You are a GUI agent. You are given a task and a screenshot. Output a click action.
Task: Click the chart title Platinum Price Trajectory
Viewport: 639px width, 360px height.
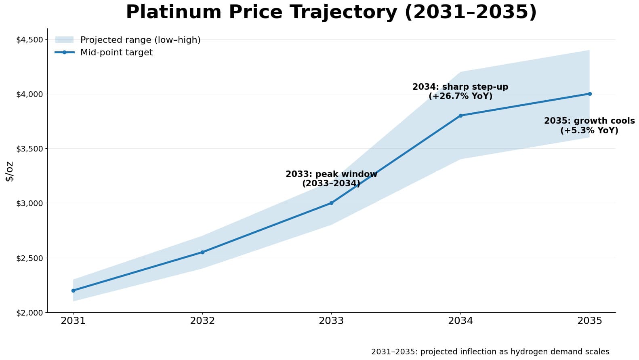[x=331, y=12]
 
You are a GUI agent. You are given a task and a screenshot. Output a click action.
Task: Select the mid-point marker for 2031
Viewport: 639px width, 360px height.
[x=73, y=291]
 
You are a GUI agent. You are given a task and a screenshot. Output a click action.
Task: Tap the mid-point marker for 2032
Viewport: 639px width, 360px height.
[x=202, y=252]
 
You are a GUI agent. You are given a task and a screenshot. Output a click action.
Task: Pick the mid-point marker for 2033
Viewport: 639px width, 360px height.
[x=331, y=203]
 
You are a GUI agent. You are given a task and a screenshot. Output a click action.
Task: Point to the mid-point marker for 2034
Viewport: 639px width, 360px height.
[x=460, y=116]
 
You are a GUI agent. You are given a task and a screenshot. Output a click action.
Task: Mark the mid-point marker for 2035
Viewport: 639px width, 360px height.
[x=590, y=94]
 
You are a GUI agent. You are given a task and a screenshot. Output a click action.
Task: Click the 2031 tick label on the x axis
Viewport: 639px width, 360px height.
[x=73, y=321]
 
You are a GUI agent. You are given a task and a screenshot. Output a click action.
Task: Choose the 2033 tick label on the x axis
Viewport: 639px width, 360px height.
[x=331, y=321]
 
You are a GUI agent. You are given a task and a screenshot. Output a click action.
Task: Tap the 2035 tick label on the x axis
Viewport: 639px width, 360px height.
[x=590, y=321]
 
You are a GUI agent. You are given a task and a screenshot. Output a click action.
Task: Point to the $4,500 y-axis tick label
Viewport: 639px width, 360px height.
[x=29, y=40]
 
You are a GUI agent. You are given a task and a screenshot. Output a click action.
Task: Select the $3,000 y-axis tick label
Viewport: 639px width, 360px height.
[x=29, y=203]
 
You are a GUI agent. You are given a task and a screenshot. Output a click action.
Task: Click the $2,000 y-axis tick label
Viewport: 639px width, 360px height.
[x=29, y=313]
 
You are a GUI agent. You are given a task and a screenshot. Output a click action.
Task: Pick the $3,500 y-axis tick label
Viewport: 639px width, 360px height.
[x=29, y=149]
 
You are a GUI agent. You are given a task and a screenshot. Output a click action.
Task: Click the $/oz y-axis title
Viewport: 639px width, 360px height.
[x=9, y=171]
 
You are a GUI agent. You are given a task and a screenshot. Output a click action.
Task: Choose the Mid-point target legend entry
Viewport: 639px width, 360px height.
[x=116, y=53]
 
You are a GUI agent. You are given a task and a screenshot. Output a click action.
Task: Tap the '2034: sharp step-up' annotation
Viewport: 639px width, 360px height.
[x=460, y=92]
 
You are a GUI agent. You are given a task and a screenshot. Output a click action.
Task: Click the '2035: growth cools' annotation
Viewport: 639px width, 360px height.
[x=589, y=126]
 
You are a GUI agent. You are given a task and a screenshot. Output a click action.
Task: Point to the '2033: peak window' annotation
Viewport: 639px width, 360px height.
[x=331, y=179]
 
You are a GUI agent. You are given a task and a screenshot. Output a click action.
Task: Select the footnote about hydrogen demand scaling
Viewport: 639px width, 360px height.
[x=490, y=352]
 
